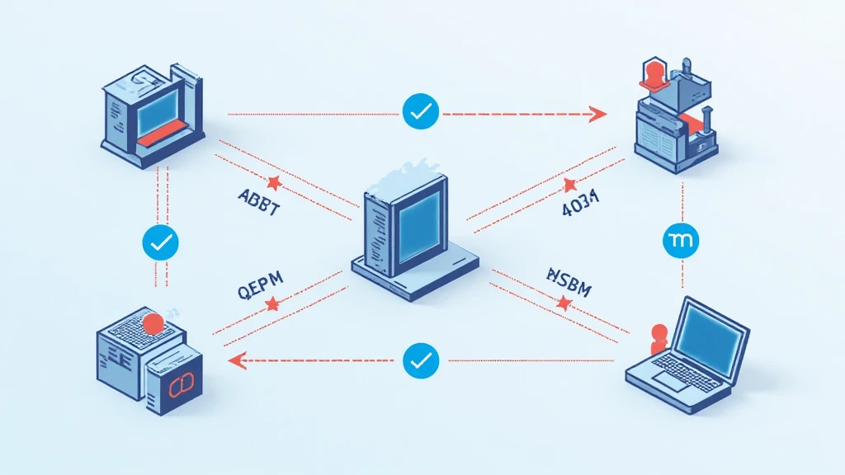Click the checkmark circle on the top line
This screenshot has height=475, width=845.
point(421,111)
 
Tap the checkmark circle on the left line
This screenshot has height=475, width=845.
point(161,242)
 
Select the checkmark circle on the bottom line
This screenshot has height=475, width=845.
point(421,360)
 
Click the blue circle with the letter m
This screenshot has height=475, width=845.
point(682,240)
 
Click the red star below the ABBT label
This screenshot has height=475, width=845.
point(274,181)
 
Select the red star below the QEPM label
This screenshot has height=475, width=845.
point(271,305)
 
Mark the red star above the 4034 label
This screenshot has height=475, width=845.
point(570,183)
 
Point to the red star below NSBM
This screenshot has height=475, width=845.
point(564,303)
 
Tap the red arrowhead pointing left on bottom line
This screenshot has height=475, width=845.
point(238,360)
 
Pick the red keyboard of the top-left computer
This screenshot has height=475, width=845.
point(164,139)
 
